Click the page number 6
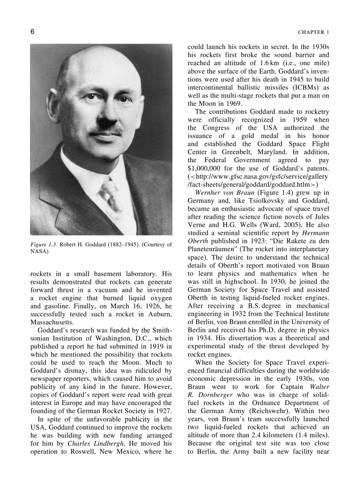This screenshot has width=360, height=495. click(33, 32)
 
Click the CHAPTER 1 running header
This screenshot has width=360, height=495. click(313, 32)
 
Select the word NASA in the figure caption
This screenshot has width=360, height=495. click(39, 252)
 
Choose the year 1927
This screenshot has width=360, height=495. click(162, 411)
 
